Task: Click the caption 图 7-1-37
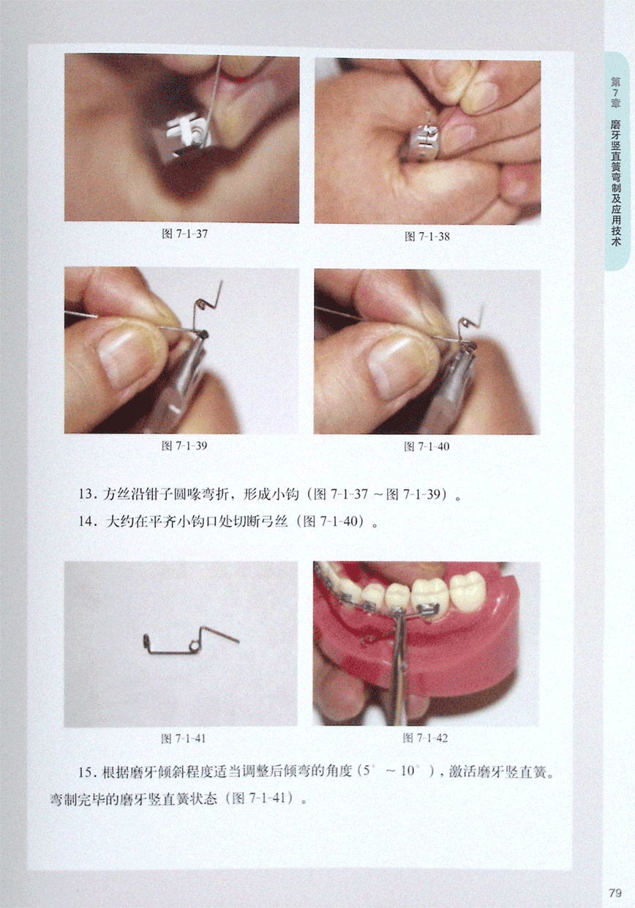coord(184,234)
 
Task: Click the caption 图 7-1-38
coord(427,237)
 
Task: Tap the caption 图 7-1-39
coord(184,446)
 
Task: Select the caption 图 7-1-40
coord(427,447)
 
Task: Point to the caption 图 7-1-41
coord(184,739)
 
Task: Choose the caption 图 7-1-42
coord(425,738)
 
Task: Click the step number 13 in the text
coord(86,494)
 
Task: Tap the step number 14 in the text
coord(86,521)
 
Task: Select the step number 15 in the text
coord(86,771)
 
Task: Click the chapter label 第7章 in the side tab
coord(615,93)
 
